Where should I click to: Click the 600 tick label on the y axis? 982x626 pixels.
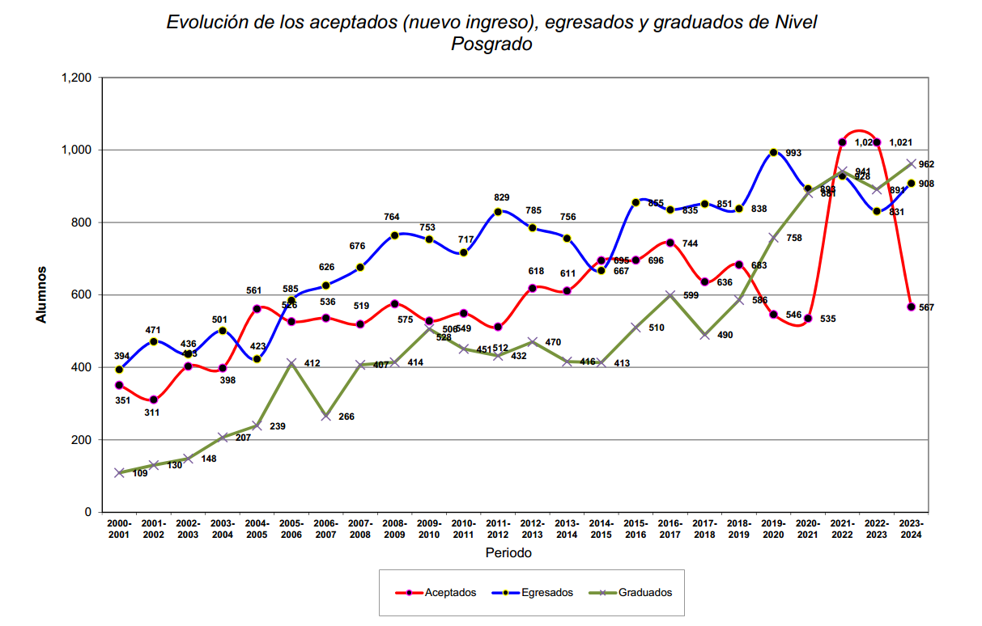82,295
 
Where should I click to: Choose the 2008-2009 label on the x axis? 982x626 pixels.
394,529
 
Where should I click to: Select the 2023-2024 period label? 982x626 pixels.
911,529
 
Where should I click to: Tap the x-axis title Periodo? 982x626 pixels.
508,553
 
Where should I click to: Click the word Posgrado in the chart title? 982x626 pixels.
491,44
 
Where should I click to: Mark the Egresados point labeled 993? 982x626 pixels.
773,153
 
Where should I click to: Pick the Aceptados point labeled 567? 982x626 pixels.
912,307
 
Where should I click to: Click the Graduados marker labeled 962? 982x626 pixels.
912,164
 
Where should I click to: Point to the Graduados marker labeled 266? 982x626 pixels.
325,416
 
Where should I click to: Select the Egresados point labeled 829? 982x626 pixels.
498,212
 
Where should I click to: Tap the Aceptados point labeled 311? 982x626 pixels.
153,400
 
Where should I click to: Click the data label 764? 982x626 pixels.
391,217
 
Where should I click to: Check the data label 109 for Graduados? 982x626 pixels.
140,473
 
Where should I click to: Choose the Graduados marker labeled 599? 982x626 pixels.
670,295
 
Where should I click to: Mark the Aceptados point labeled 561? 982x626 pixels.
257,309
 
